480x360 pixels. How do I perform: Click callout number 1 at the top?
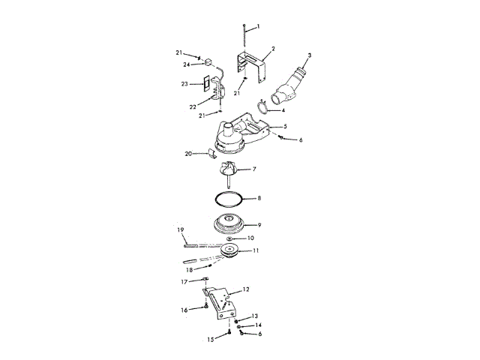[258, 27]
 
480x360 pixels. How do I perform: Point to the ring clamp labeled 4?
[261, 106]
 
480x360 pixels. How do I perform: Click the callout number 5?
[285, 127]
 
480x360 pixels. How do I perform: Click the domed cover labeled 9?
[229, 223]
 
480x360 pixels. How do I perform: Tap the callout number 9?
[258, 224]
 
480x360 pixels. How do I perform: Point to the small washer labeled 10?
[228, 238]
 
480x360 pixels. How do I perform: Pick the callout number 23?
[184, 85]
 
